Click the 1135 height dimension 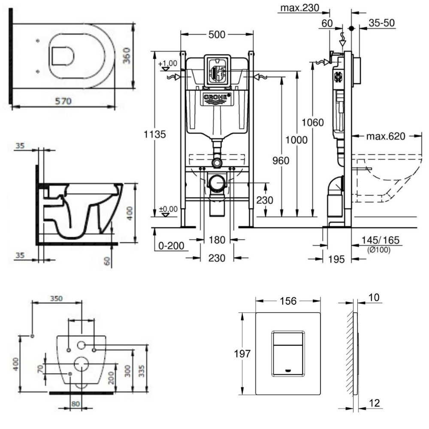point(154,134)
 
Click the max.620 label point(385,137)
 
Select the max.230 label point(296,8)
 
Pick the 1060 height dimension point(323,122)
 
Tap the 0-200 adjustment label point(171,246)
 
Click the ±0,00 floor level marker point(168,210)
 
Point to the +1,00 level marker point(168,64)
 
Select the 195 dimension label point(337,259)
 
